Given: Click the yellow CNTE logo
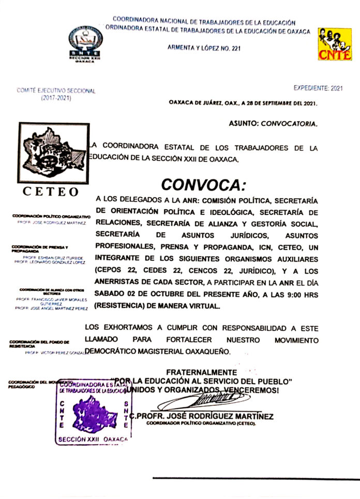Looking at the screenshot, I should [x=335, y=45].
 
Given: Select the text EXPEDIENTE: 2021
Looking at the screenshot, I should [x=318, y=89].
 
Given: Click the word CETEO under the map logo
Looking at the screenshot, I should [x=50, y=192].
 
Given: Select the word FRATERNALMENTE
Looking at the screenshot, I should [x=201, y=372].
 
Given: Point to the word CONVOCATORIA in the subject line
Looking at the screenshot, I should [x=289, y=124].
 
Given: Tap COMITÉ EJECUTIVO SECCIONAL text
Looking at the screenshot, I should [x=56, y=91].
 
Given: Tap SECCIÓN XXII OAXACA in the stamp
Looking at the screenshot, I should [x=93, y=439].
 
